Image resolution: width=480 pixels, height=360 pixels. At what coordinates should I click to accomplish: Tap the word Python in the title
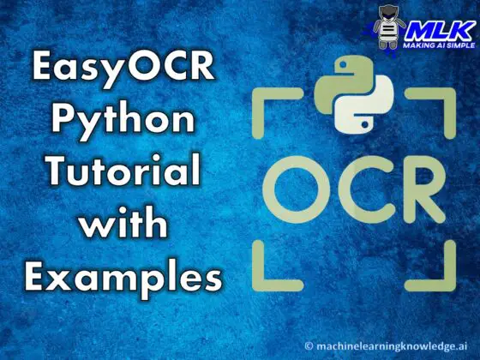pos(123,120)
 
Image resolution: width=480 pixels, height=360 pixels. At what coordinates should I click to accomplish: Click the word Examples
pos(123,276)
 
